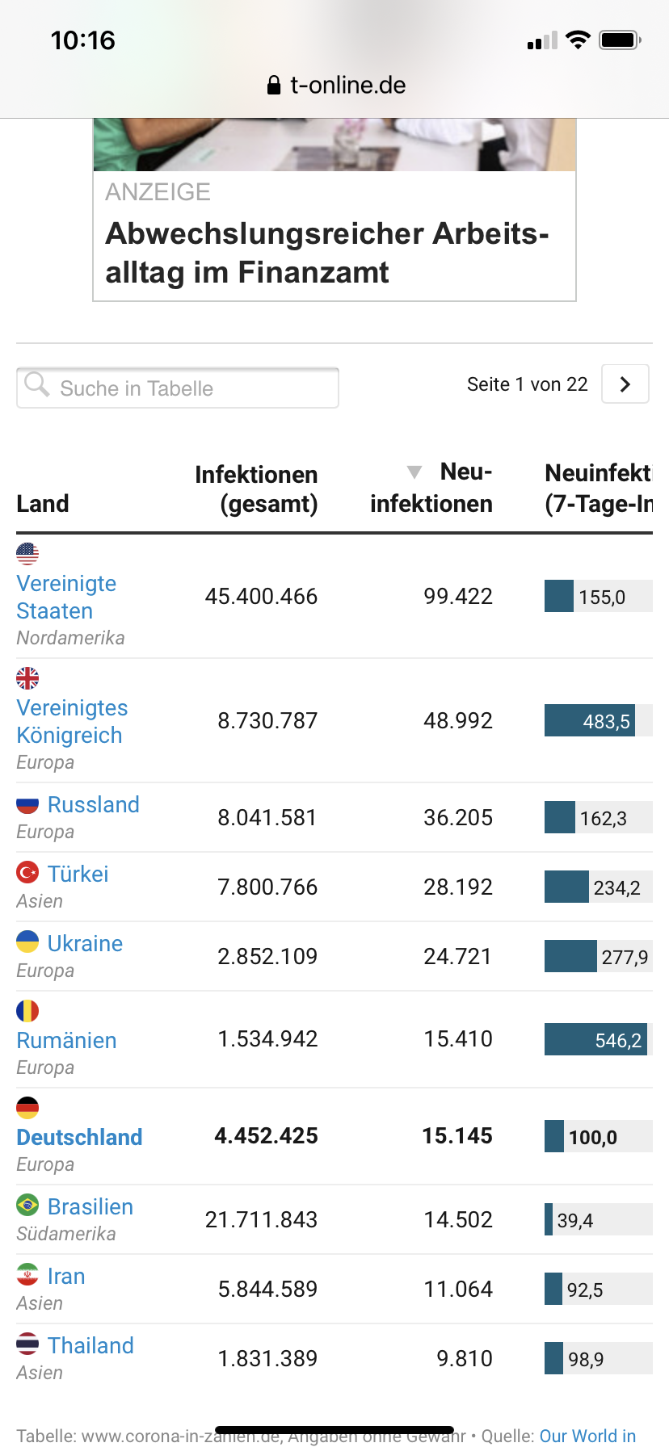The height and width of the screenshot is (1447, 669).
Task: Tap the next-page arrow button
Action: pos(625,384)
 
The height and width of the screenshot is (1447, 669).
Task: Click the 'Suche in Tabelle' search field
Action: pos(178,388)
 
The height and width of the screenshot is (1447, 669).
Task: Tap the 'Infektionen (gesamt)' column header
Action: pos(256,489)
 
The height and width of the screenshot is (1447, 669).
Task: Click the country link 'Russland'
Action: pos(93,805)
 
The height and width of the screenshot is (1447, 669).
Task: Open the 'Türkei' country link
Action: pos(78,874)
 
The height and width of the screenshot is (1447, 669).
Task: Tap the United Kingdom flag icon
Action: pos(27,677)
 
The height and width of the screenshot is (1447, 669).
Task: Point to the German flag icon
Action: pos(27,1107)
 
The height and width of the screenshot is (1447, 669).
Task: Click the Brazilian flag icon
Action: pos(27,1206)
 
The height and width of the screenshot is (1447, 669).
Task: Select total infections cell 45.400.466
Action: pos(261,597)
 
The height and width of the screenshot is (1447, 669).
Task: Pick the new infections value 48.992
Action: pos(457,721)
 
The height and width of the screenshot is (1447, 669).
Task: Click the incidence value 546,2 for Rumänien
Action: pos(618,1041)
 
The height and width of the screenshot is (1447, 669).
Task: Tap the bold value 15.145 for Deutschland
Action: pos(457,1136)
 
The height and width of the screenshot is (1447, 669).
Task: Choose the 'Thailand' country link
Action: pos(90,1346)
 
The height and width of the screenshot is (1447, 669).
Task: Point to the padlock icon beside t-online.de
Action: pos(274,86)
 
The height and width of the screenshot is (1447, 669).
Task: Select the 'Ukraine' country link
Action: pos(85,944)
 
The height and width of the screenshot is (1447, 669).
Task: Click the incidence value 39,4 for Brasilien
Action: pos(574,1221)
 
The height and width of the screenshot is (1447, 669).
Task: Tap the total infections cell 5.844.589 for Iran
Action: pos(267,1290)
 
